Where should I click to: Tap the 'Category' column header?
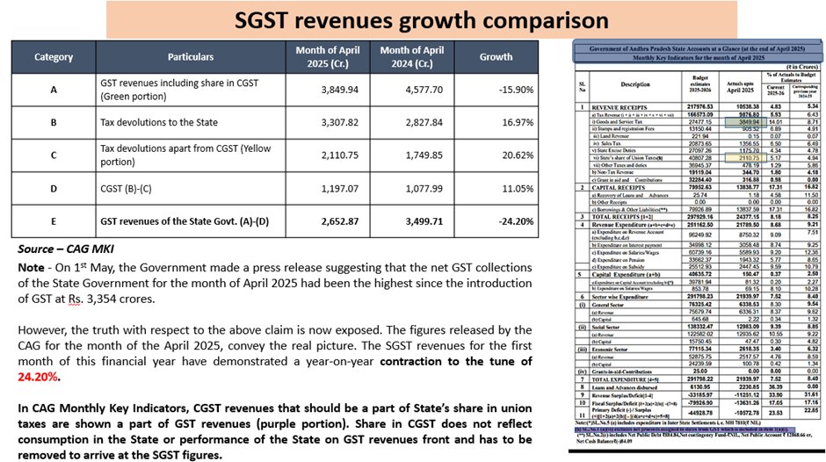[54, 57]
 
